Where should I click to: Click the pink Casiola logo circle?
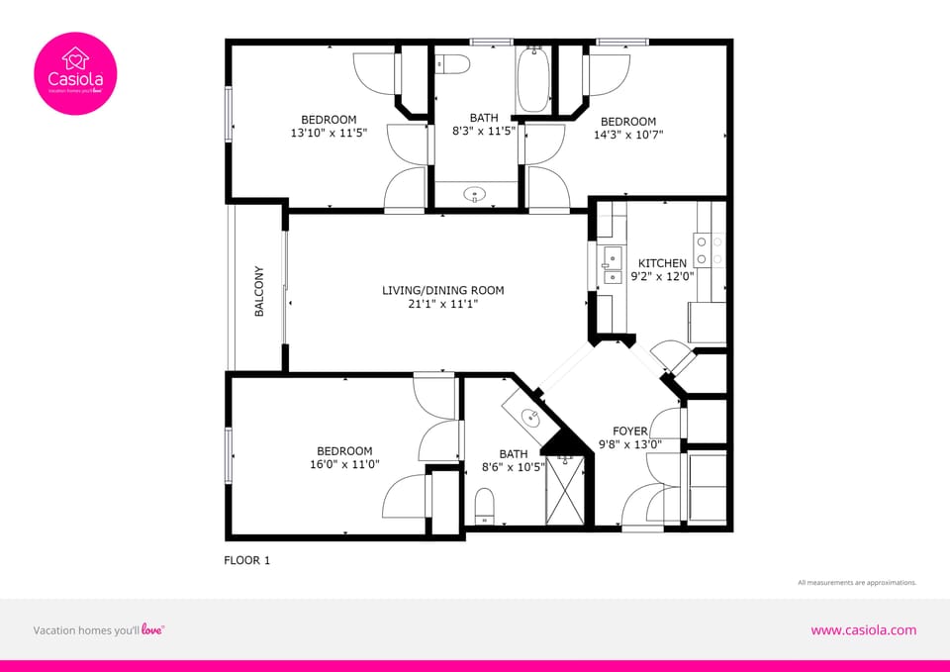(x=75, y=74)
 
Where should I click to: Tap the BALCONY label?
(x=259, y=291)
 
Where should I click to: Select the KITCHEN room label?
(x=662, y=263)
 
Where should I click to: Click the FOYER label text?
(x=630, y=432)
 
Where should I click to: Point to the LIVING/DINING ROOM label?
(x=443, y=290)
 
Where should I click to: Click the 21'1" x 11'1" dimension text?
(x=443, y=304)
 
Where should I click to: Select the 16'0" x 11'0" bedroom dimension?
(x=344, y=464)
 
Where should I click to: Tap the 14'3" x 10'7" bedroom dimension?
(x=628, y=135)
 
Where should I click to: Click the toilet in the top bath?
(x=452, y=63)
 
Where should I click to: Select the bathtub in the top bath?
(x=532, y=79)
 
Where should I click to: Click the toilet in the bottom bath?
(x=485, y=505)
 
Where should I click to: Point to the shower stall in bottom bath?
(x=567, y=491)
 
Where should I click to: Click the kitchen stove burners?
(x=709, y=249)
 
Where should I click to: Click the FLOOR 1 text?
(x=247, y=560)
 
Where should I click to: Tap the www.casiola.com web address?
(x=863, y=630)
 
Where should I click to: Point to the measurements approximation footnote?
(x=857, y=583)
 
